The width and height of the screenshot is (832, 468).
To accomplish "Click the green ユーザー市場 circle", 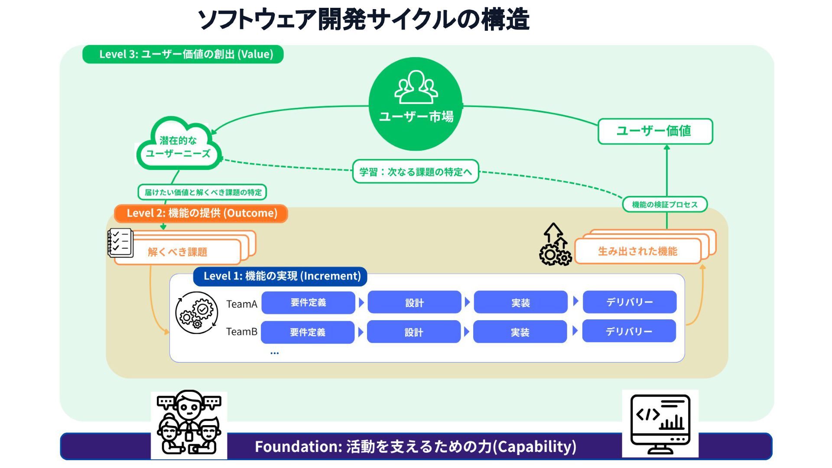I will coord(416,104).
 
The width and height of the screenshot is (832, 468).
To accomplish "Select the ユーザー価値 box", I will coord(655,131).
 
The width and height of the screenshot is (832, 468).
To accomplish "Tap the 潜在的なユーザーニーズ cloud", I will coord(178,147).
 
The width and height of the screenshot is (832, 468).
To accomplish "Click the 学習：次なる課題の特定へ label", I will coord(415,172).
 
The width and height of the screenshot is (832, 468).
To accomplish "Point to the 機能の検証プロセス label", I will coord(665,205).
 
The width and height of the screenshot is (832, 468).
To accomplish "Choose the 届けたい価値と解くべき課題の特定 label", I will coord(202,192).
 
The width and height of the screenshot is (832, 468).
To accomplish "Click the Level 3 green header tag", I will coord(183,55).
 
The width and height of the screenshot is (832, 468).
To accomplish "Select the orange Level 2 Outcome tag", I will coord(201,213).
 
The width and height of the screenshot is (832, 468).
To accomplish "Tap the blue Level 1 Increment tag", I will coord(280,276).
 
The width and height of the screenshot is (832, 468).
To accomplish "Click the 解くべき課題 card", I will coord(178,252).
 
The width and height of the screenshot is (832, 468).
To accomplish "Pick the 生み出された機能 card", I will coord(637,251).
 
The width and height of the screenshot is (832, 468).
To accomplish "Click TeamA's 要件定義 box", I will coord(308,302).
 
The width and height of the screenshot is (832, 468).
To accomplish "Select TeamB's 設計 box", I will coord(414,332).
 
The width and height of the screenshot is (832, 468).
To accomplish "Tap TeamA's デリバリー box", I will coord(629,302).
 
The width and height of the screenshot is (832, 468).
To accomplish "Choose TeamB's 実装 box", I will coord(520,332).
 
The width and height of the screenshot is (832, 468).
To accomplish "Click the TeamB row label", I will coord(241,332).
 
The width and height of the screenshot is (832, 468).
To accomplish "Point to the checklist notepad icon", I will coord(120,243).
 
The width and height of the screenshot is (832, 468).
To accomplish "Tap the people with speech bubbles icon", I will coord(189,423).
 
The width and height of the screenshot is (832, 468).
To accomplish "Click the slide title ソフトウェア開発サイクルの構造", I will coord(364,19).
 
